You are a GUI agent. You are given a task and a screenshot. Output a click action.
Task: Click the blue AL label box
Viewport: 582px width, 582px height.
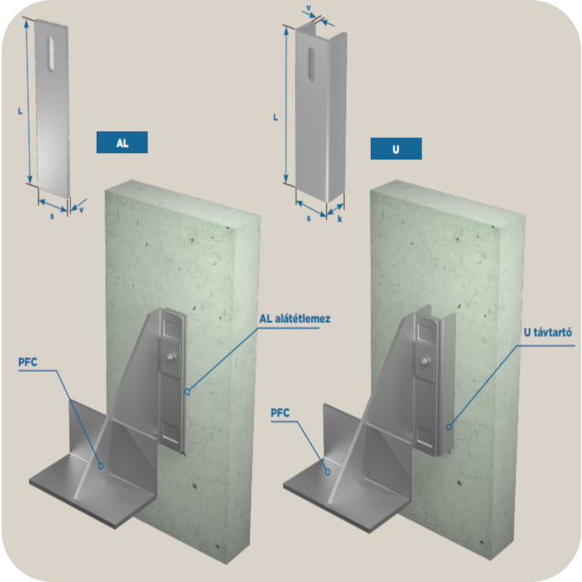122,142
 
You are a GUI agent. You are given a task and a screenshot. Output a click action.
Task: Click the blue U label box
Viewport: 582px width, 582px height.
396,149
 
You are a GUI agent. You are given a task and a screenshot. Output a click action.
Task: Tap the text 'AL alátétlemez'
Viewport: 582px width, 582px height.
294,319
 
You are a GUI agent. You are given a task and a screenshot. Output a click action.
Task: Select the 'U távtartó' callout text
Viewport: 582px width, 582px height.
548,332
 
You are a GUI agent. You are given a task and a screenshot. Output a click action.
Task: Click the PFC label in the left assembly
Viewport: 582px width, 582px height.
28,362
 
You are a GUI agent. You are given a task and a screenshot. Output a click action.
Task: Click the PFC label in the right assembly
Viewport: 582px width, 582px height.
280,413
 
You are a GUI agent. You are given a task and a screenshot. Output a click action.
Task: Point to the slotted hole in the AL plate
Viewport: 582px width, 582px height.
51,53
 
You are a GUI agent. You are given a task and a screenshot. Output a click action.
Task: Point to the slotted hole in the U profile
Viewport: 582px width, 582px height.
312,64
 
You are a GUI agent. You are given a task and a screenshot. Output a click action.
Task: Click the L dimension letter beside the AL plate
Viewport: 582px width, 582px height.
20,111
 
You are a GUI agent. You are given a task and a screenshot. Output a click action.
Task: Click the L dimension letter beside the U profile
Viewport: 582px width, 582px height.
275,117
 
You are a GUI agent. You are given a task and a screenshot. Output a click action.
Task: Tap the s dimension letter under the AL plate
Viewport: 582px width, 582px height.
52,215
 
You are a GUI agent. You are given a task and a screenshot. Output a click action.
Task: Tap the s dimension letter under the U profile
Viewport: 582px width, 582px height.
309,219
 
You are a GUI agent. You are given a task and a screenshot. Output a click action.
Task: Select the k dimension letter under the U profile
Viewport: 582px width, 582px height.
340,219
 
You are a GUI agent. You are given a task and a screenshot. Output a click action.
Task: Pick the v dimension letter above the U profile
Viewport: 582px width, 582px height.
309,8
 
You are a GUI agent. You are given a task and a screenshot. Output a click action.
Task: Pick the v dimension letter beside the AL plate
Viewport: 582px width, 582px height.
82,209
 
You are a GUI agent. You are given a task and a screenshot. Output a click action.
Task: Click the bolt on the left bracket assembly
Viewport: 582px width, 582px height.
171,357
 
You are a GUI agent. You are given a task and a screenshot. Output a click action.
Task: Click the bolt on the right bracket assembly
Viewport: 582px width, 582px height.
424,360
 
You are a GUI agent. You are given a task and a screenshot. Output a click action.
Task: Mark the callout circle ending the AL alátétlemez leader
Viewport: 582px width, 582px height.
188,392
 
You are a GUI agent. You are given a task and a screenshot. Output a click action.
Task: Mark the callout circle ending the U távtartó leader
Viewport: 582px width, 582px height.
449,427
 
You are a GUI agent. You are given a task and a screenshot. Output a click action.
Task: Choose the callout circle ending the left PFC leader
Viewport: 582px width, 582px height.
101,466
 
